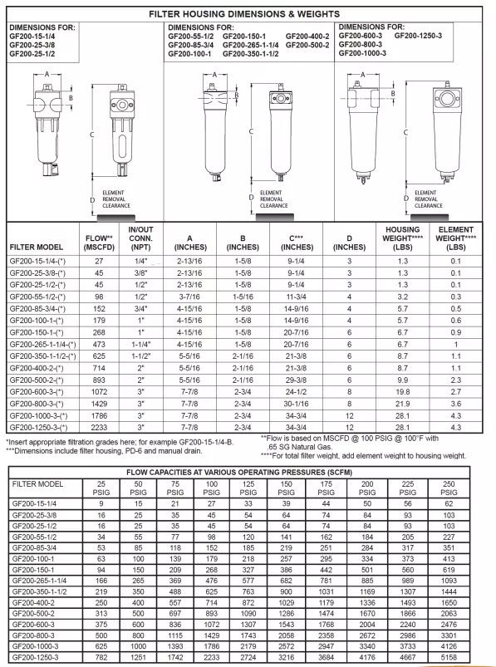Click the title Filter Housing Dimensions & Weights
point(244,14)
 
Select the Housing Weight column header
point(402,238)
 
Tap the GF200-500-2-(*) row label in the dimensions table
point(37,380)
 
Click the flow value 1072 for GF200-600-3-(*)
point(99,392)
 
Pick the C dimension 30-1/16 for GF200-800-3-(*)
point(296,404)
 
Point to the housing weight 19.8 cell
point(402,392)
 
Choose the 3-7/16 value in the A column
point(189,297)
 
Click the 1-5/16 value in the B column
point(243,297)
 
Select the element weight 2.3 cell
point(455,380)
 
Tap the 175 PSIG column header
point(327,488)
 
